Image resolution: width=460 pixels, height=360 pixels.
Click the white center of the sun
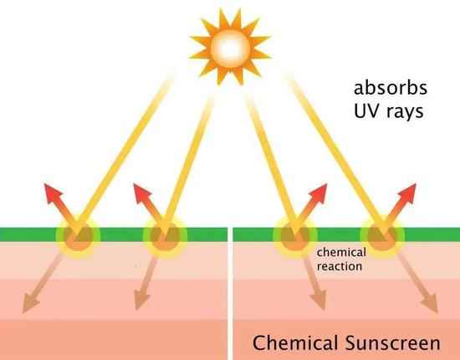tap(230, 49)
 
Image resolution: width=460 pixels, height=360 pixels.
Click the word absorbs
tap(391, 88)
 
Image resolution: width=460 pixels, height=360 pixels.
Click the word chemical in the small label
tap(341, 252)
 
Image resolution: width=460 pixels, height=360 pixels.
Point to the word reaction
tap(340, 266)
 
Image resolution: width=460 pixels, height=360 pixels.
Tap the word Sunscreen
tap(392, 342)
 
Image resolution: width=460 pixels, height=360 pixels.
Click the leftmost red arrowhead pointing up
tap(53, 193)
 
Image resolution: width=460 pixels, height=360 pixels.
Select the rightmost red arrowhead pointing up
tap(407, 193)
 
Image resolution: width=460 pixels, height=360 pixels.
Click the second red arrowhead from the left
tap(141, 193)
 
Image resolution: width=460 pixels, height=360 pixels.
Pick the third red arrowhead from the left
tap(318, 193)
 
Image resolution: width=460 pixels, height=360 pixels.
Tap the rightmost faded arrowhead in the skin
tap(431, 305)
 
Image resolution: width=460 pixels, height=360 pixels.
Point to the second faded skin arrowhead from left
tap(141, 301)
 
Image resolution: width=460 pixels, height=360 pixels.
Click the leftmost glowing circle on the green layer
tap(78, 237)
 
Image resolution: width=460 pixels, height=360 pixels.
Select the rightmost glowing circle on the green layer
tap(382, 237)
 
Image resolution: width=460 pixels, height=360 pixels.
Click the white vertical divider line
tap(230, 293)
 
